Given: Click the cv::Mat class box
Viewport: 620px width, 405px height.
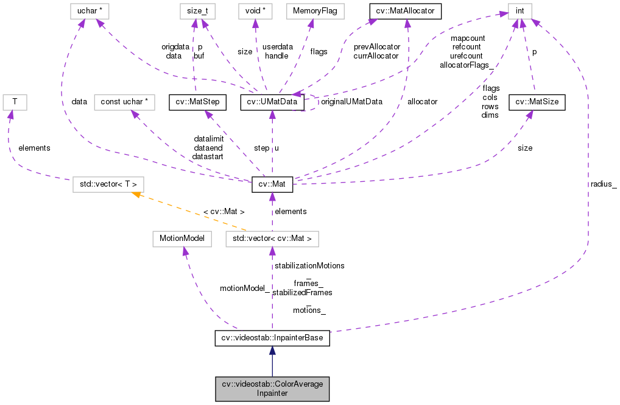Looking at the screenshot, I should pos(272,184).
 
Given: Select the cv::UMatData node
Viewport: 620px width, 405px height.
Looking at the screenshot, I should pos(272,102).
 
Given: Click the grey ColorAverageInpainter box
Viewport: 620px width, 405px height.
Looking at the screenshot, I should pos(272,389).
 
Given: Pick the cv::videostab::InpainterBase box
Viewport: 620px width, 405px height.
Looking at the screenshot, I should pos(272,338).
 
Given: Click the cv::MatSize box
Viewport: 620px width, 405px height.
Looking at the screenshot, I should pos(537,102).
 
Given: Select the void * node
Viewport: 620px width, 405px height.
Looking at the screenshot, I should pos(254,10).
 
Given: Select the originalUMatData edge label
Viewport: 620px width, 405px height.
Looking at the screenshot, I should pos(351,102).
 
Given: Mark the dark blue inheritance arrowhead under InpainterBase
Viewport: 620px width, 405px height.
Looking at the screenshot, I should pos(272,351).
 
